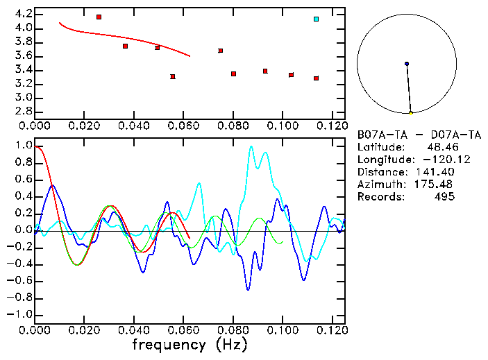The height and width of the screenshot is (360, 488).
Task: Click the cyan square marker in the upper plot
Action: click(x=316, y=19)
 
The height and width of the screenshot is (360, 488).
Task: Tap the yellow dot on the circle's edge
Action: click(x=410, y=113)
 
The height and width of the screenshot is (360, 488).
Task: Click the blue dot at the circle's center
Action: click(x=407, y=64)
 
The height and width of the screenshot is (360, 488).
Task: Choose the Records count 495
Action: click(x=444, y=197)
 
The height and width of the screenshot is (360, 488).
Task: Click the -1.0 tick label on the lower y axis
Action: click(x=22, y=314)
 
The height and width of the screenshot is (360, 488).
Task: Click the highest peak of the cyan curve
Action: click(x=251, y=146)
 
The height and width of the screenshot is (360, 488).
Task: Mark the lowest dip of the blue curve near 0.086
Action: click(x=249, y=289)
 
